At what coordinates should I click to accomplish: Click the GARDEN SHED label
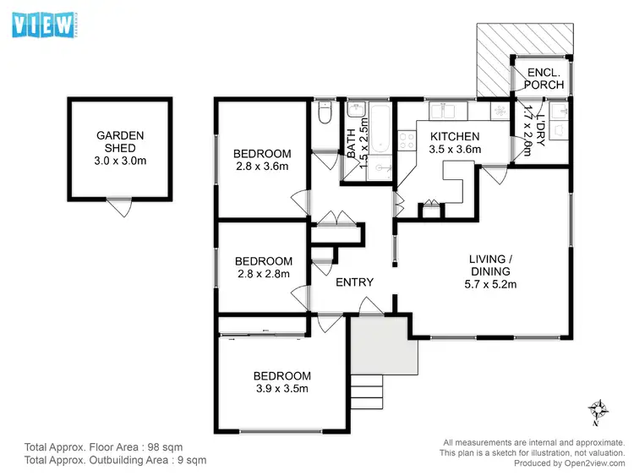[120, 141]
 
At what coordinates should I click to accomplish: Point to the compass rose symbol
[598, 412]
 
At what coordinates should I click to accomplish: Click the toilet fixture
[323, 114]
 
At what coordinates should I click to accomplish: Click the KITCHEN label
[455, 136]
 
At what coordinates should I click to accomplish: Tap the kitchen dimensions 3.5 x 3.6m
[455, 150]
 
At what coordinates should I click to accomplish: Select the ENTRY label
[354, 282]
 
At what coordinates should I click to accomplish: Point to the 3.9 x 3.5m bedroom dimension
[282, 389]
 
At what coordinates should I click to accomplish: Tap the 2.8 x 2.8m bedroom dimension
[263, 274]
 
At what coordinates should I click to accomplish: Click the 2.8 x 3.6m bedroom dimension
[262, 167]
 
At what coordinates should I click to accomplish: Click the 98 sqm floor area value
[165, 446]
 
